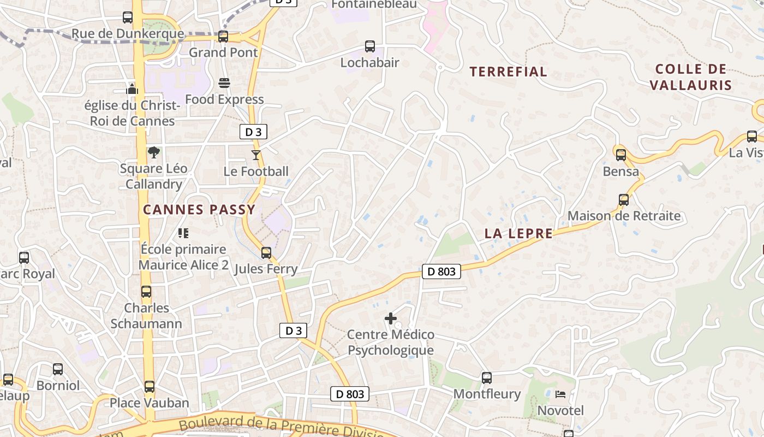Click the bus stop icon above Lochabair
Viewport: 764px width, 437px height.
[370, 46]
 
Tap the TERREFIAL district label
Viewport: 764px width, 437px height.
[508, 72]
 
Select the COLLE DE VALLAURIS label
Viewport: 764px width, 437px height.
[691, 77]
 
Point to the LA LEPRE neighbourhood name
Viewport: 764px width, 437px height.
[518, 234]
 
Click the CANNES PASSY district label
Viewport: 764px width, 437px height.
[199, 209]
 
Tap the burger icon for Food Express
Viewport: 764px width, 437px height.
[224, 83]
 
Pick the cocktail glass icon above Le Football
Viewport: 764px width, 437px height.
[255, 155]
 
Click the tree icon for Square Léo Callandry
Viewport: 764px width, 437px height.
[154, 152]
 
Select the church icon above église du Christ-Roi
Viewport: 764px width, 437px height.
[132, 89]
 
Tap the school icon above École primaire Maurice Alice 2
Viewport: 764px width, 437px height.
[183, 233]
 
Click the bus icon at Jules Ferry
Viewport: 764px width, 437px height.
[266, 253]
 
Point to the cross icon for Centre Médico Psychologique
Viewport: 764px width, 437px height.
[391, 318]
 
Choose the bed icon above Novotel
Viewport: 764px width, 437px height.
[560, 394]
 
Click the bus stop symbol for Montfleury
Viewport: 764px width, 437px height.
[487, 377]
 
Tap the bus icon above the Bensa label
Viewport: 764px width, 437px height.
[621, 155]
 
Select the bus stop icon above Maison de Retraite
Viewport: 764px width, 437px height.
[624, 200]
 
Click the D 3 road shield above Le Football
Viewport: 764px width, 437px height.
[253, 132]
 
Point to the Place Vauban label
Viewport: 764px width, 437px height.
[150, 403]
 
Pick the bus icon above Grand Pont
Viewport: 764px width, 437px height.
[223, 37]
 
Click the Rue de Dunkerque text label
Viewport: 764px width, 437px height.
[128, 34]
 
